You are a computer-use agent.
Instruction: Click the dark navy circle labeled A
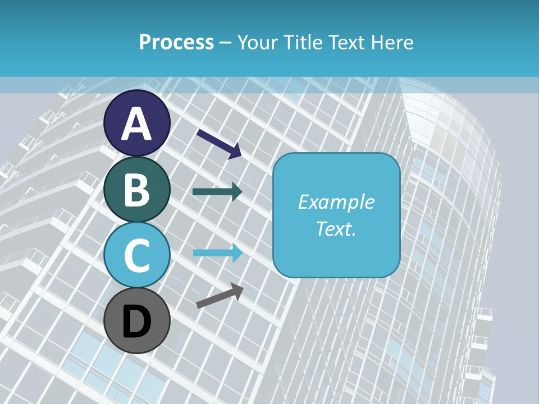pos(137,123)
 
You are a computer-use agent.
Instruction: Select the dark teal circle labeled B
pos(137,189)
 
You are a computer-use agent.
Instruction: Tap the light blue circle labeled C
pos(137,255)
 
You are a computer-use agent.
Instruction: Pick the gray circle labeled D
pos(137,320)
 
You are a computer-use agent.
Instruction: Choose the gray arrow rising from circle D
pos(220,296)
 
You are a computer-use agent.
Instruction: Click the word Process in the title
pos(176,42)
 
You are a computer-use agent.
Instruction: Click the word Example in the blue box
pos(336,202)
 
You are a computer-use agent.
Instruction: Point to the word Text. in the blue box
pos(336,228)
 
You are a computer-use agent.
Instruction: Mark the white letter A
pos(137,124)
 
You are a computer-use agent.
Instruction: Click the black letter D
pos(137,322)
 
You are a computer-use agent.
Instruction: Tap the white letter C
pos(137,255)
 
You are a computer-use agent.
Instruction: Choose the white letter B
pos(137,190)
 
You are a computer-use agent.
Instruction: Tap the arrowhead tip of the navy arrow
pos(240,156)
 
